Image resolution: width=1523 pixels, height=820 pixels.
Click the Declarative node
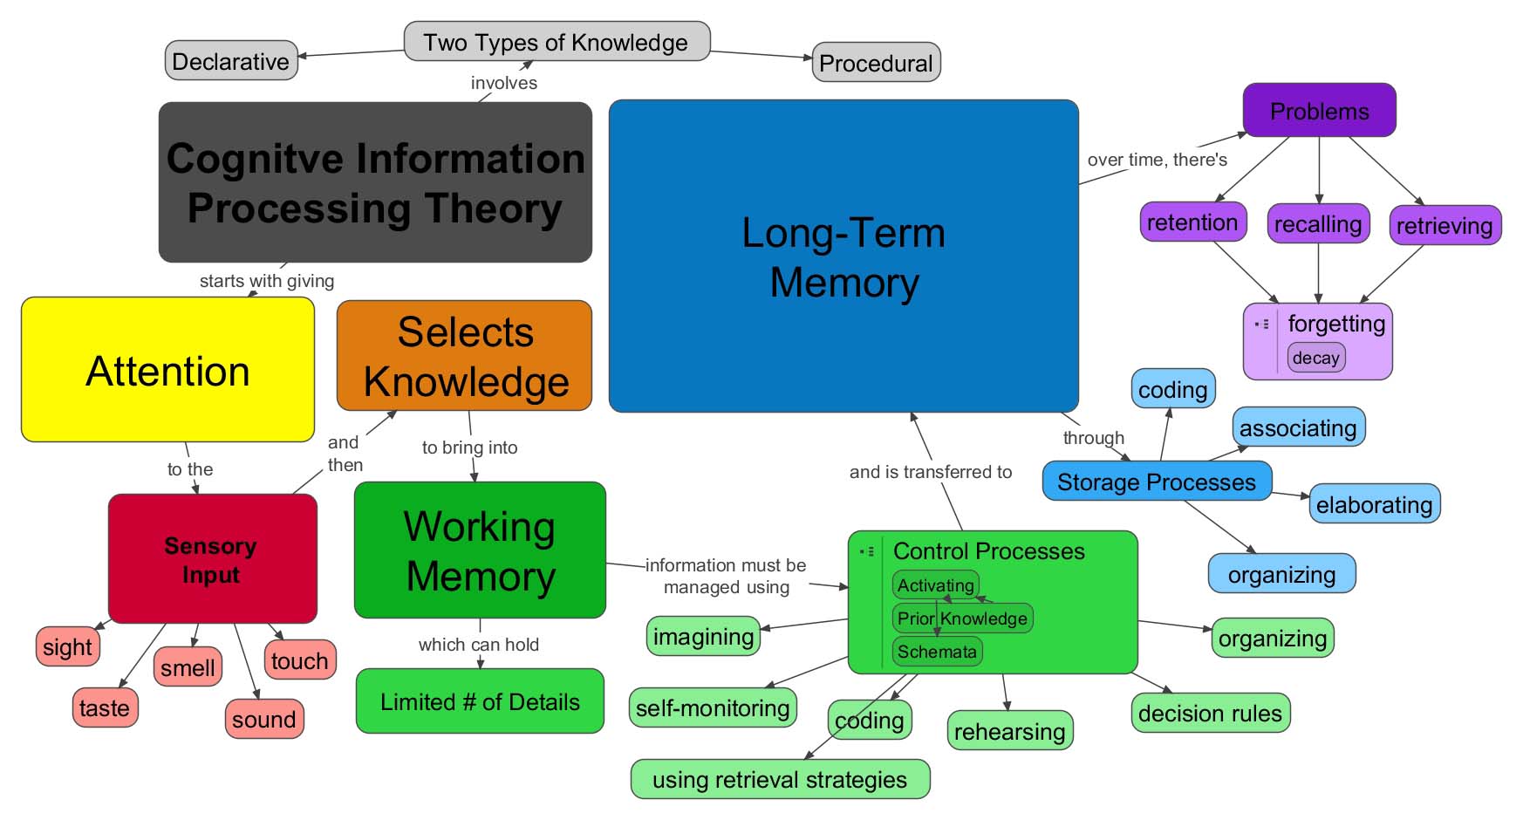231,61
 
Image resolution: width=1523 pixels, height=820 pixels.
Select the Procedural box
876,63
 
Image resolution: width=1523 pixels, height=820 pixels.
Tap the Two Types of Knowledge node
557,42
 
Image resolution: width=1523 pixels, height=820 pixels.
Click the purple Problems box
1319,111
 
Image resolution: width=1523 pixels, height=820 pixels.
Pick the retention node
1192,222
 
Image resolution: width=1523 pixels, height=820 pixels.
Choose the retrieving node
1444,226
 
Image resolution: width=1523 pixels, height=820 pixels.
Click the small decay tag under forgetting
1316,358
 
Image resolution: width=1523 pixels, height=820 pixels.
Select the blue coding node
1172,389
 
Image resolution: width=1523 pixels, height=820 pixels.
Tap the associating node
1298,427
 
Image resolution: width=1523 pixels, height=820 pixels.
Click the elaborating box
1374,504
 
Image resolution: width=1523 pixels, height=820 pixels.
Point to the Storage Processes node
1157,482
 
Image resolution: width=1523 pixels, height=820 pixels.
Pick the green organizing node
1273,639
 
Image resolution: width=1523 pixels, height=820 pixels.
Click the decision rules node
1210,713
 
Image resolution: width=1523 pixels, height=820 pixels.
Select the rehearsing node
1009,731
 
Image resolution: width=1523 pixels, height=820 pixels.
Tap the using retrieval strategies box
780,779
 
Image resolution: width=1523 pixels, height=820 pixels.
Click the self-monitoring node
713,707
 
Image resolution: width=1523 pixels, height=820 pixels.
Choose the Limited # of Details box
480,701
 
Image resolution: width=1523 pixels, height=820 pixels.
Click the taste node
105,707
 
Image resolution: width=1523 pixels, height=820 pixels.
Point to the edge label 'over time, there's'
1157,160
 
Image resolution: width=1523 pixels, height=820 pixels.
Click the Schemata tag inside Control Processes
937,652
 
